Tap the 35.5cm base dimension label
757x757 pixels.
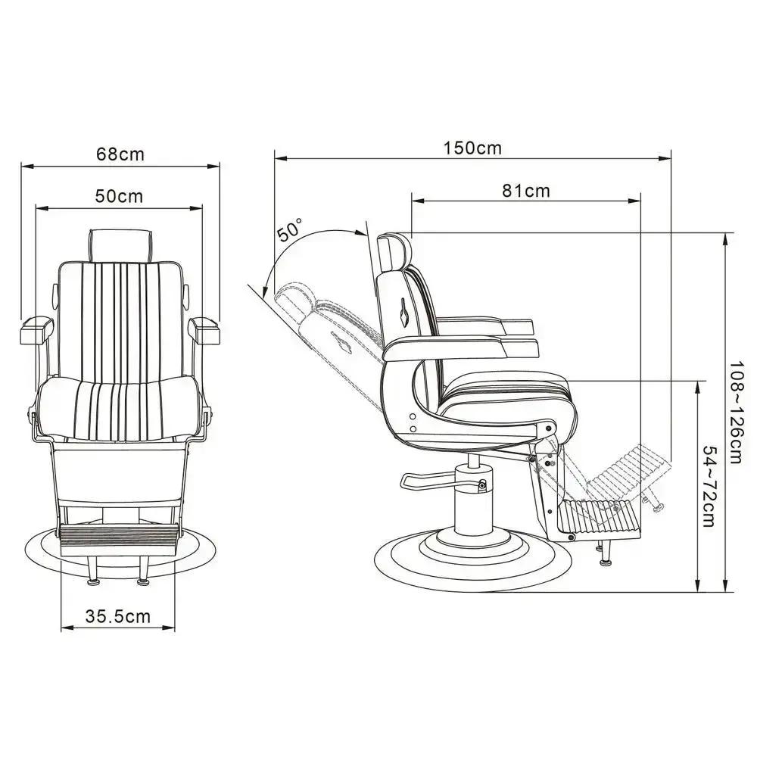(117, 616)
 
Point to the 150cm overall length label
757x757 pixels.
(472, 148)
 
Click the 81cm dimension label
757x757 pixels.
(526, 191)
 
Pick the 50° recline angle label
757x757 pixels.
(290, 229)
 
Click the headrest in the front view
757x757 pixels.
(121, 244)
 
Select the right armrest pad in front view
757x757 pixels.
(204, 328)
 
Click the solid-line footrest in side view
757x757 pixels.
(602, 518)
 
